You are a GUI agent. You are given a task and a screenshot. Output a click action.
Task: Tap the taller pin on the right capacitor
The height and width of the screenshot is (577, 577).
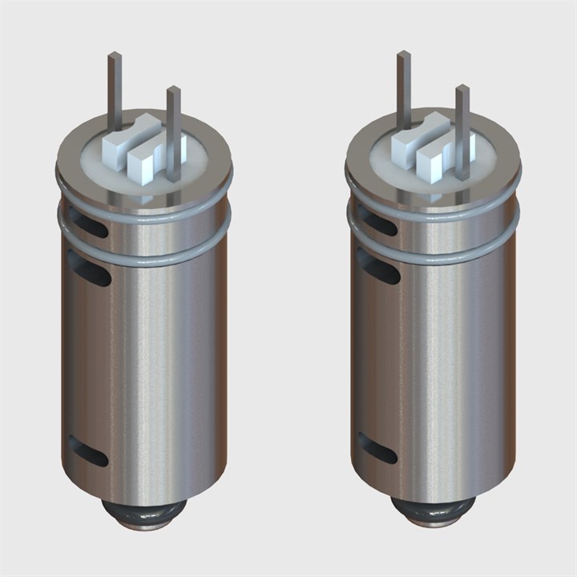click(404, 88)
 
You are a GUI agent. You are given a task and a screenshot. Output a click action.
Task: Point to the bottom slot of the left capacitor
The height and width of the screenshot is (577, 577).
click(88, 450)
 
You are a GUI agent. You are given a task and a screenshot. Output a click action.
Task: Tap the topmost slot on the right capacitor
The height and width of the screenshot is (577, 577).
click(377, 220)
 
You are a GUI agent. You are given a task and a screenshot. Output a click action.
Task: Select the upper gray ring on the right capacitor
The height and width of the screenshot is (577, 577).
click(433, 209)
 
